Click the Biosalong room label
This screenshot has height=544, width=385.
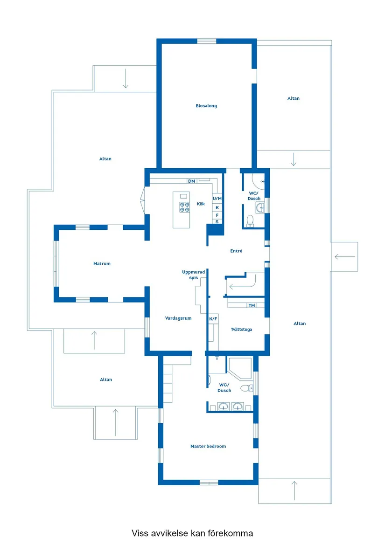tap(206, 106)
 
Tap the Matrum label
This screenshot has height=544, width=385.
tap(102, 264)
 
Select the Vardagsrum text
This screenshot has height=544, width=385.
tap(178, 318)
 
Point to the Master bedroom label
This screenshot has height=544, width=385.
tap(208, 446)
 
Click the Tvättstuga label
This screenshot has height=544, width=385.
tap(241, 329)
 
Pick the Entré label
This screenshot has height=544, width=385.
tap(236, 251)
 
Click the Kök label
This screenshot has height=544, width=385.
tap(201, 204)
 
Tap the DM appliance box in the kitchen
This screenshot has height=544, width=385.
tap(191, 181)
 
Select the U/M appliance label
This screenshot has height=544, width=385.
tap(217, 199)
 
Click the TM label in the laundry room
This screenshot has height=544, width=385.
tap(252, 305)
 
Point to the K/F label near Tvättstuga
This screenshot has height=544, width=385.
tap(213, 319)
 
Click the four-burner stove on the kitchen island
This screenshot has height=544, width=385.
tap(184, 207)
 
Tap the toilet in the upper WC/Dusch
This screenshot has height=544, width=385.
tap(250, 221)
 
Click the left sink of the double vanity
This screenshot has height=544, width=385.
tap(224, 406)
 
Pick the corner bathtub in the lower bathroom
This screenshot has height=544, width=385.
tap(240, 368)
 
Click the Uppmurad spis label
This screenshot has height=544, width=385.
tap(194, 275)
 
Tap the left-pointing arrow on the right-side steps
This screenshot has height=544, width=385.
tap(345, 257)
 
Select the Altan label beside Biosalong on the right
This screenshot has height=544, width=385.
tap(293, 98)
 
